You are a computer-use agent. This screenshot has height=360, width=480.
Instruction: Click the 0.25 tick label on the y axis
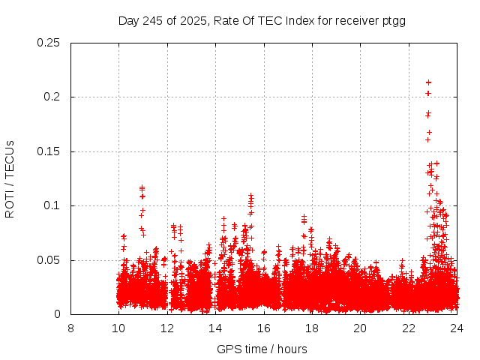click(x=49, y=43)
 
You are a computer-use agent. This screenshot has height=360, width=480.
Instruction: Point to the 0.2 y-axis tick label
click(x=52, y=97)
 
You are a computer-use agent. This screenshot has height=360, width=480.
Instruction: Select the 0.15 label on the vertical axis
click(x=49, y=151)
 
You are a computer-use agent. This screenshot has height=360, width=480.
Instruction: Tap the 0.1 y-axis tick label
click(x=52, y=205)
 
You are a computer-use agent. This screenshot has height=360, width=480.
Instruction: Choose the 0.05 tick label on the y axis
click(x=49, y=260)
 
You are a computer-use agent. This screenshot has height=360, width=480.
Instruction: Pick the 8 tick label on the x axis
click(x=70, y=328)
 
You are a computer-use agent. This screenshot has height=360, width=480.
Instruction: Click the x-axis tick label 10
click(x=118, y=328)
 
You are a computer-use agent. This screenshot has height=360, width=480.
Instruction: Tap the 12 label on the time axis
click(x=167, y=328)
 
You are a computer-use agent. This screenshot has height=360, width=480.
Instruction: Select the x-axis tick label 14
click(x=215, y=328)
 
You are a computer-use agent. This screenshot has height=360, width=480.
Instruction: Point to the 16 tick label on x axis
click(x=264, y=328)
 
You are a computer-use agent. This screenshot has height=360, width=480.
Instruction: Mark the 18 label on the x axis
click(x=312, y=328)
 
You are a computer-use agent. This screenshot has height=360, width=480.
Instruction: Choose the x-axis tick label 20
click(x=361, y=328)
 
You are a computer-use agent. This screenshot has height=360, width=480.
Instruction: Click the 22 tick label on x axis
click(x=409, y=328)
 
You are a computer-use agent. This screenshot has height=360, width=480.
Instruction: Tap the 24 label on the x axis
click(x=457, y=328)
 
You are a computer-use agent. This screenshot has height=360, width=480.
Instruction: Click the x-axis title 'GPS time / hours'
click(x=262, y=349)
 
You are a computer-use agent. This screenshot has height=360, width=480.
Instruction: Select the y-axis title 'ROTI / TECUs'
click(x=10, y=178)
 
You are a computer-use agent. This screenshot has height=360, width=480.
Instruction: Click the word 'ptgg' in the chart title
click(x=393, y=20)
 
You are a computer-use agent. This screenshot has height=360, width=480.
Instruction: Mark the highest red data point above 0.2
click(x=428, y=82)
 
